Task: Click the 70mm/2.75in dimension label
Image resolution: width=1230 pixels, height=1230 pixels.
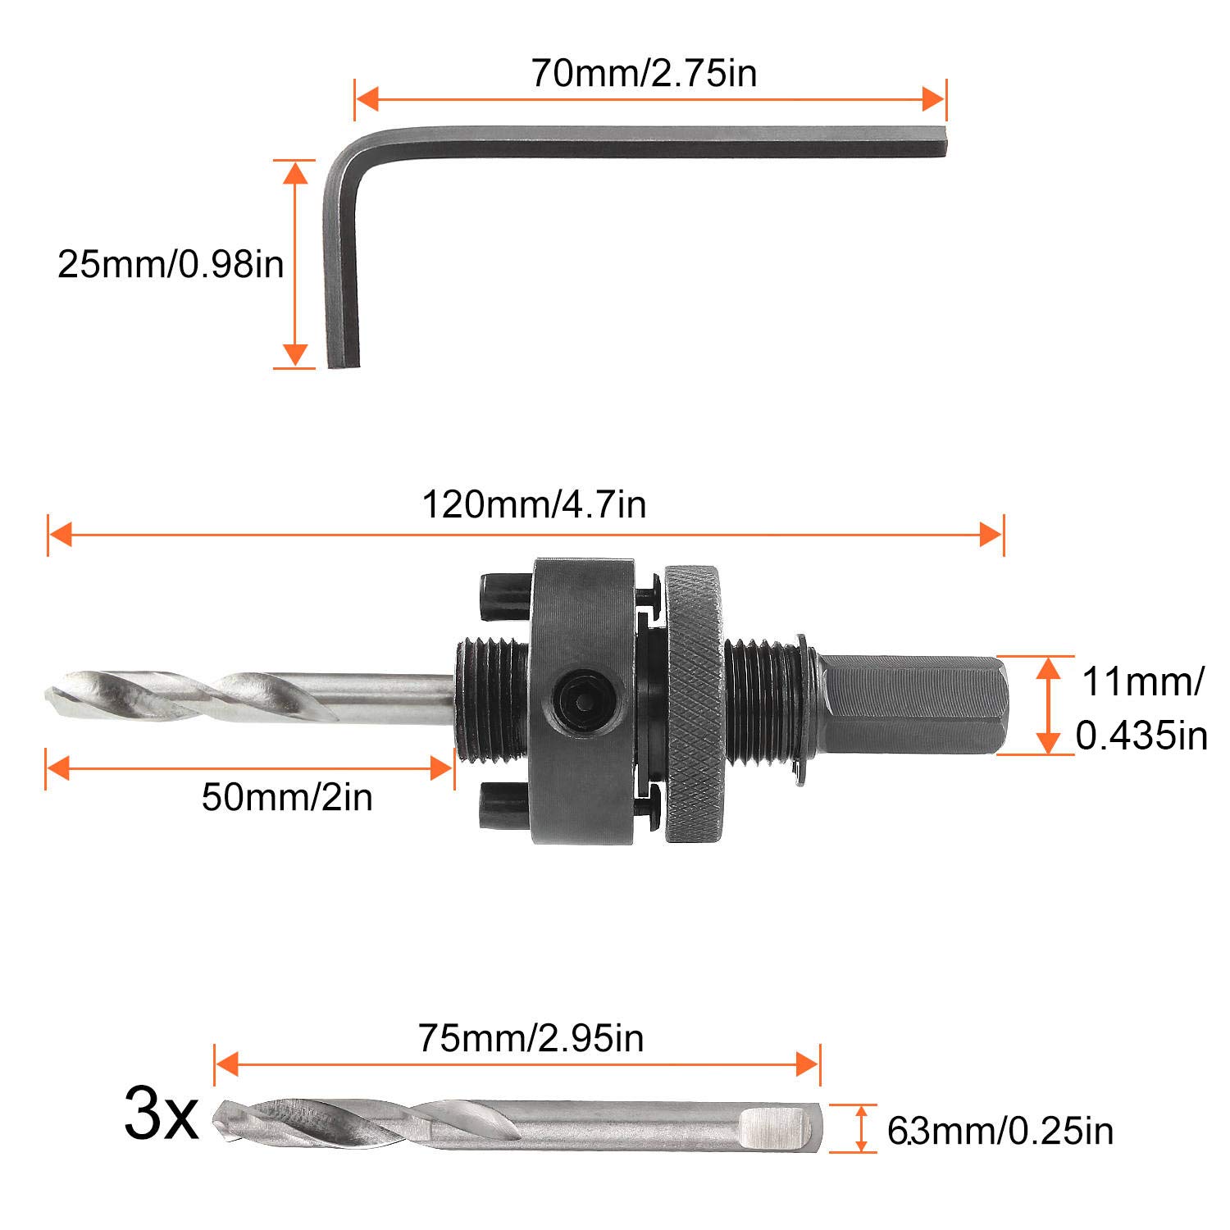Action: click(x=644, y=73)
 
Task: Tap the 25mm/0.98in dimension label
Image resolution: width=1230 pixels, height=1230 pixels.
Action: click(x=171, y=264)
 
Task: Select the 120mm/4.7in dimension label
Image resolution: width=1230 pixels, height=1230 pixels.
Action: click(x=534, y=504)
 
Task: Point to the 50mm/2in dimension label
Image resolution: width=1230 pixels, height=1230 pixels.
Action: click(x=287, y=796)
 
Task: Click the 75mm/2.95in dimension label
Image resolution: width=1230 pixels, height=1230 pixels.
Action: click(x=531, y=1038)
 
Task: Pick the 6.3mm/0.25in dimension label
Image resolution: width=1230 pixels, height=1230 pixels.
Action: click(x=1000, y=1131)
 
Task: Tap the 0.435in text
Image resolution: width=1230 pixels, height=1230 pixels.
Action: click(x=1141, y=736)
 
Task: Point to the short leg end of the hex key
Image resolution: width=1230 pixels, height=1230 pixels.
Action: click(x=343, y=361)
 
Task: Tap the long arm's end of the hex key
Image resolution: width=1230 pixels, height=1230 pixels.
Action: click(x=941, y=139)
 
